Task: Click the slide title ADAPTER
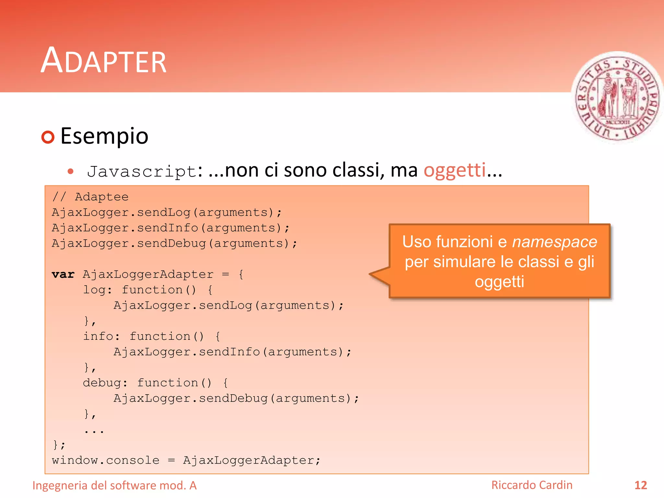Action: pyautogui.click(x=103, y=61)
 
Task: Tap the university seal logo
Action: pyautogui.click(x=617, y=97)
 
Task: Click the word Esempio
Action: pyautogui.click(x=104, y=136)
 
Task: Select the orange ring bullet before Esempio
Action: pyautogui.click(x=48, y=137)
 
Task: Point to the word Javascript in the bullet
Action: pyautogui.click(x=142, y=171)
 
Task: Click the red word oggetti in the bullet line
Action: pyautogui.click(x=455, y=170)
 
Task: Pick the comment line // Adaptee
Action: pyautogui.click(x=90, y=197)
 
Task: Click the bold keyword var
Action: pyautogui.click(x=63, y=274)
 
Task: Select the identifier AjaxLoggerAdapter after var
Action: pyautogui.click(x=148, y=274)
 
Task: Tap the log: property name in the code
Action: pyautogui.click(x=97, y=290)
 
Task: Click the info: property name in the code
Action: pyautogui.click(x=101, y=336)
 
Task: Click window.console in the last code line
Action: pyautogui.click(x=106, y=460)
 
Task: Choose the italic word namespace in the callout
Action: pyautogui.click(x=554, y=242)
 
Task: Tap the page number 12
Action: pyautogui.click(x=640, y=485)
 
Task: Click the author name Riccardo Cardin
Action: pyautogui.click(x=532, y=485)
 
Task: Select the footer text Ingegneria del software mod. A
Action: pyautogui.click(x=114, y=485)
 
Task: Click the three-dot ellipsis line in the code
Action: pyautogui.click(x=94, y=431)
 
